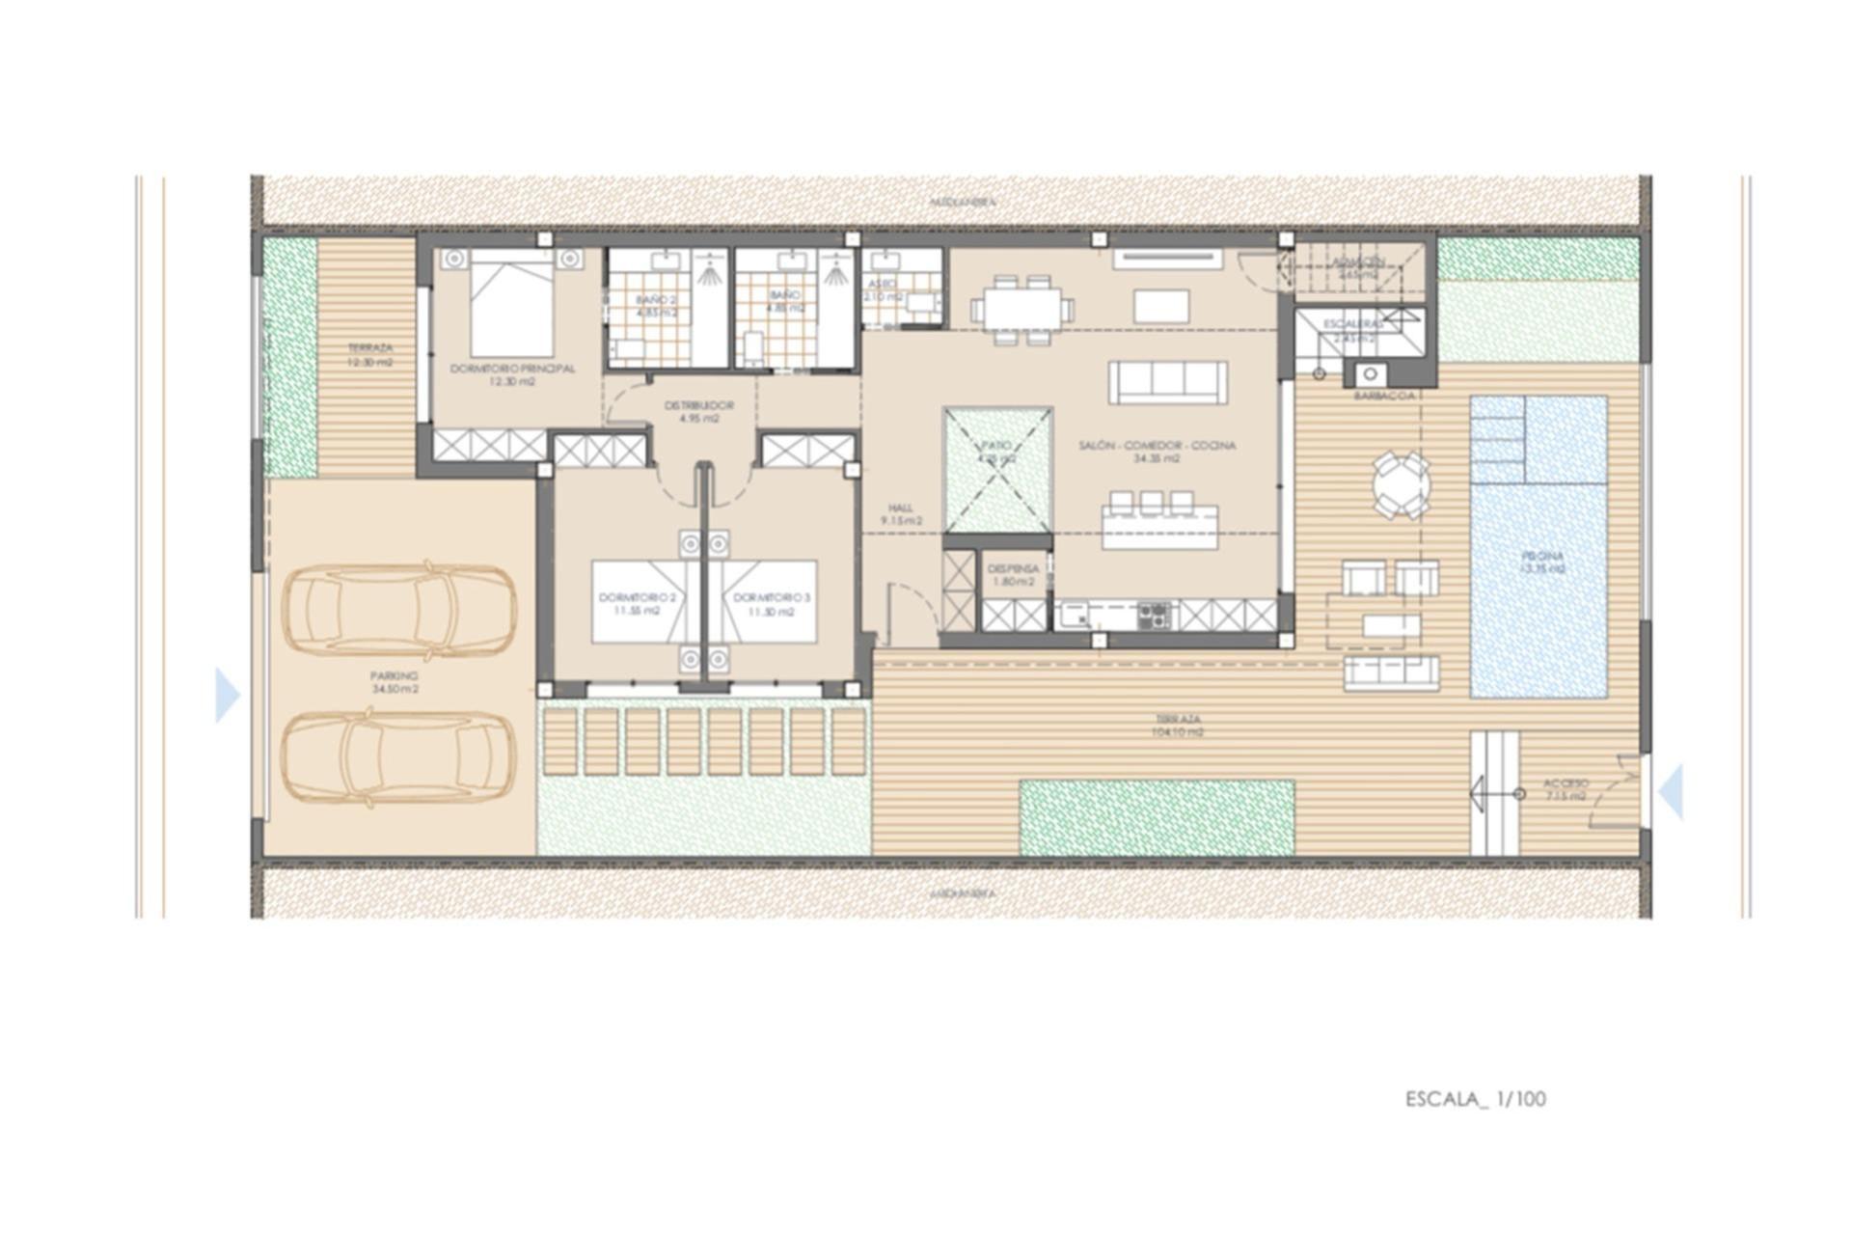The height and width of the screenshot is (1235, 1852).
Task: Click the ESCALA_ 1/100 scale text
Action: coord(1475,1099)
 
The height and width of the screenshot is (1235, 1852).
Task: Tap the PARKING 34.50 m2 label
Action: coord(395,683)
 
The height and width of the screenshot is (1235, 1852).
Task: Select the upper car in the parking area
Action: coord(398,610)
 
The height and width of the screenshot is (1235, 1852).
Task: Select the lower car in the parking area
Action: coord(398,758)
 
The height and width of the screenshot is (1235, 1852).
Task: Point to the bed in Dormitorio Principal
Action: coord(511,304)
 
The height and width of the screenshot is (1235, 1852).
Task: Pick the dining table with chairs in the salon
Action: coord(1022,309)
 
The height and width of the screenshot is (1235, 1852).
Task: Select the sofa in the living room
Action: coord(1167,382)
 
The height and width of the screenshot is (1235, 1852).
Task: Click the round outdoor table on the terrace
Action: coord(1402,484)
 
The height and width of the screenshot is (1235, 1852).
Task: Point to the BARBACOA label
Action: coord(1384,397)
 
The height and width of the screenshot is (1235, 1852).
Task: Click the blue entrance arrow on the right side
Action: coord(1672,791)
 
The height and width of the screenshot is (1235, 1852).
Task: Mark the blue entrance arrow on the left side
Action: coord(227,695)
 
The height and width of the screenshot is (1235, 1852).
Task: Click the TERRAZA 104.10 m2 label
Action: coord(1178,726)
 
